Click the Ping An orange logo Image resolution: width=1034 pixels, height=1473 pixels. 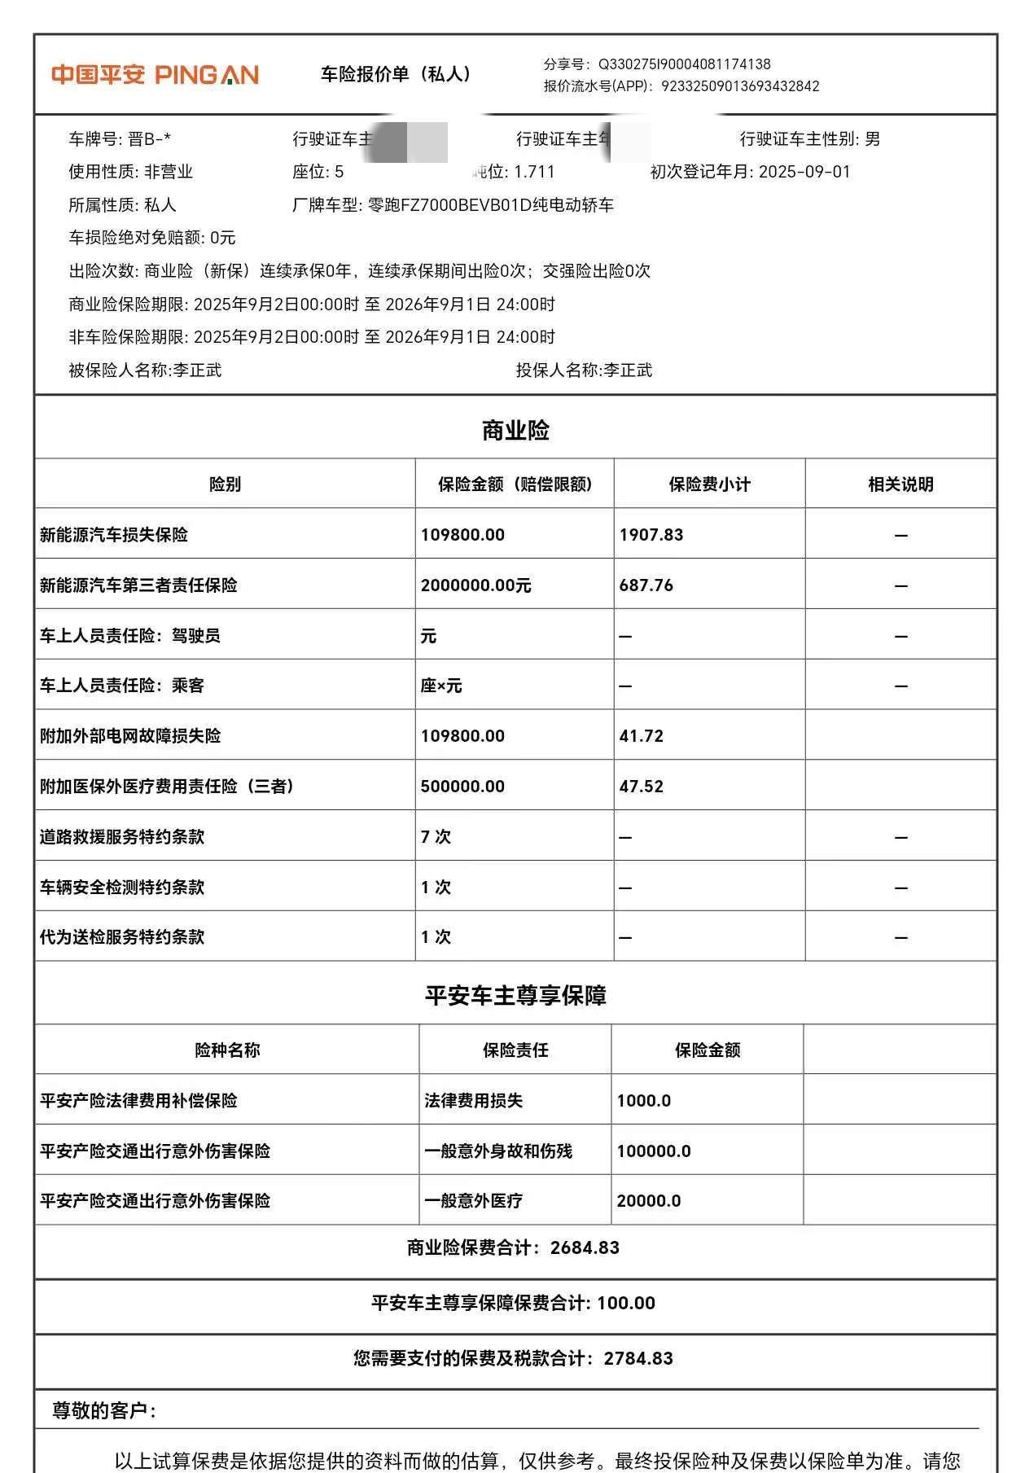point(155,75)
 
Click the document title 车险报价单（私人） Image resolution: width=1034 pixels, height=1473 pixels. point(396,74)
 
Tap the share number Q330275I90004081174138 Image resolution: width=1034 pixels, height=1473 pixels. point(684,64)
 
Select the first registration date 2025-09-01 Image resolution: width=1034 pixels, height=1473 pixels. point(804,172)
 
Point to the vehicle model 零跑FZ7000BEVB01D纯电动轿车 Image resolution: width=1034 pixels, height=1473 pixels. point(491,205)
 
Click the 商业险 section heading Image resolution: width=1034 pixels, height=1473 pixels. point(515,430)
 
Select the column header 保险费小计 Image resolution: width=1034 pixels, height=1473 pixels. point(709,484)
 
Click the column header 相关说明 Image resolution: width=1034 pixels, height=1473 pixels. point(900,484)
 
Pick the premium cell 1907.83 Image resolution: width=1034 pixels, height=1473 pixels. point(651,535)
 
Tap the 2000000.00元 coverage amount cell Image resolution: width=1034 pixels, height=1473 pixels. point(475,585)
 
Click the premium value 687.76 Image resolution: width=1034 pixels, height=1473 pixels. point(646,585)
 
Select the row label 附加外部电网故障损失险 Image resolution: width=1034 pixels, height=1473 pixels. point(130,736)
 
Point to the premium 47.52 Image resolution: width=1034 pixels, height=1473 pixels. point(642,787)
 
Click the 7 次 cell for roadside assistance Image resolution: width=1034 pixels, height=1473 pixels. point(436,837)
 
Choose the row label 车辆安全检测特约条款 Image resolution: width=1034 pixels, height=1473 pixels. point(122,888)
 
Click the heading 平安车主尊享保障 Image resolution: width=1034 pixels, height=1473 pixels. point(515,995)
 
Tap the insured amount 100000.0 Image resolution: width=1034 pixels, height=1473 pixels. point(654,1151)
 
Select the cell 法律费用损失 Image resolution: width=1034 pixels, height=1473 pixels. point(473,1101)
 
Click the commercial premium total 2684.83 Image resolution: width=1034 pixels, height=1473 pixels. point(585,1247)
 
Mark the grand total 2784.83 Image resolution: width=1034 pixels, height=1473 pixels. point(638,1358)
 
